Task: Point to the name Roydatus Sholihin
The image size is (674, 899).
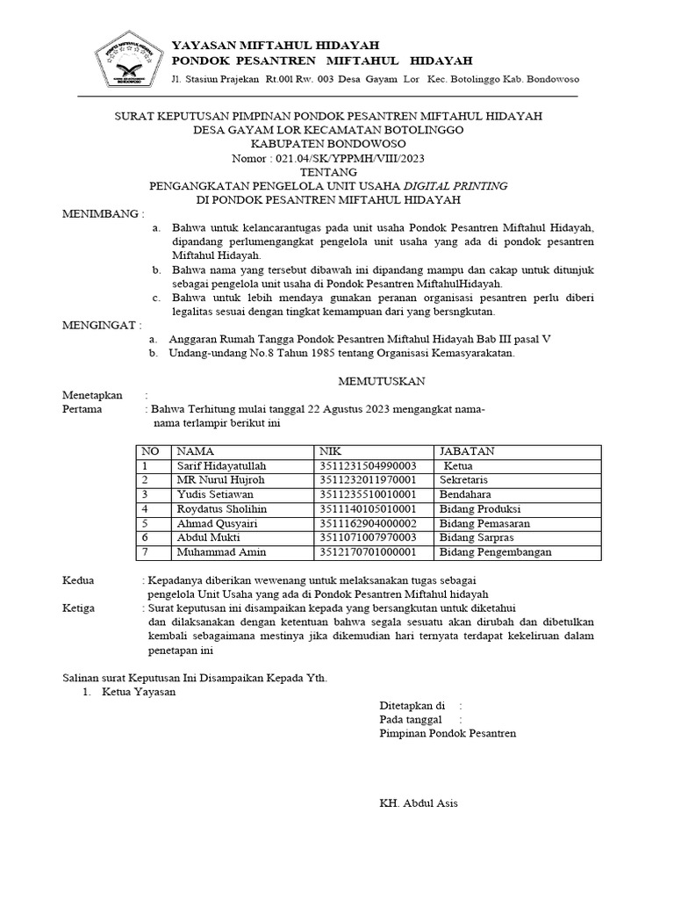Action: (222, 509)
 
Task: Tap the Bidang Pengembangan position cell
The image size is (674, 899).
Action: (495, 552)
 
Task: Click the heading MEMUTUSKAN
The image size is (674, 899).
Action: (382, 380)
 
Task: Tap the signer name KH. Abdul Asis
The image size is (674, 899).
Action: (418, 803)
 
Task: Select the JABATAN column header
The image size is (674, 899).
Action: (467, 451)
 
